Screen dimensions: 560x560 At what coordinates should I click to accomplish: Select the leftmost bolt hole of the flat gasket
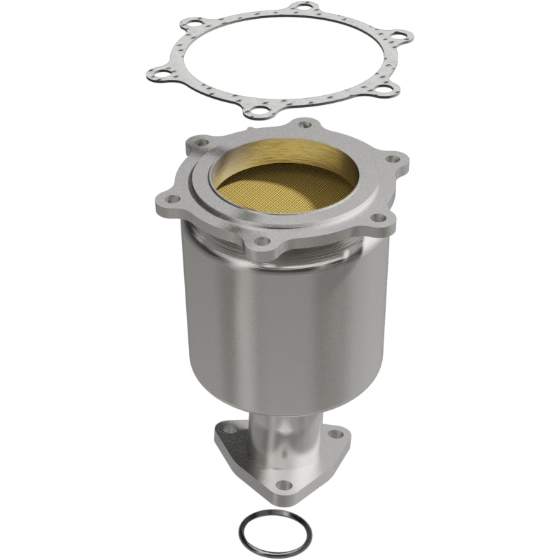point(160,71)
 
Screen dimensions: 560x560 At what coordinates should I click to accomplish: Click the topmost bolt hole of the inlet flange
point(304,125)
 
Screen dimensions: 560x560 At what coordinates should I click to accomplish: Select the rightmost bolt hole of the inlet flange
point(396,159)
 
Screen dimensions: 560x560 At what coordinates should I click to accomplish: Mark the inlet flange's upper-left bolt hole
point(199,142)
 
